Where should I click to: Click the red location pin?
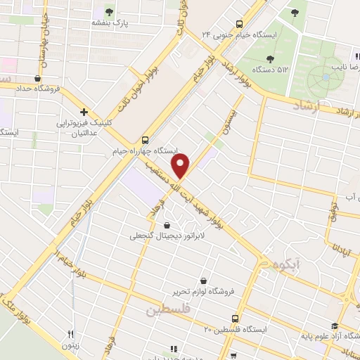[x=182, y=166]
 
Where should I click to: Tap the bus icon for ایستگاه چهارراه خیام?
[x=145, y=139]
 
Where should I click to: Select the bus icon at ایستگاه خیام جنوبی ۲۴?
[x=240, y=22]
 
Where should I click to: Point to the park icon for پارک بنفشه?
[x=109, y=11]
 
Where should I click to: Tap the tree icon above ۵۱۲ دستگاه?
[x=271, y=58]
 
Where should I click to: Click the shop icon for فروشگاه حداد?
[x=37, y=79]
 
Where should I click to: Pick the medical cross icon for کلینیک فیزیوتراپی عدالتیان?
[x=84, y=112]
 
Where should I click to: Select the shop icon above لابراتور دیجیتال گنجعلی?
[x=167, y=225]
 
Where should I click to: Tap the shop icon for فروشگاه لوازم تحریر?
[x=203, y=280]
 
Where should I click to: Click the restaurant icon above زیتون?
[x=70, y=334]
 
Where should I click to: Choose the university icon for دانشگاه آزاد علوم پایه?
[x=335, y=327]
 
